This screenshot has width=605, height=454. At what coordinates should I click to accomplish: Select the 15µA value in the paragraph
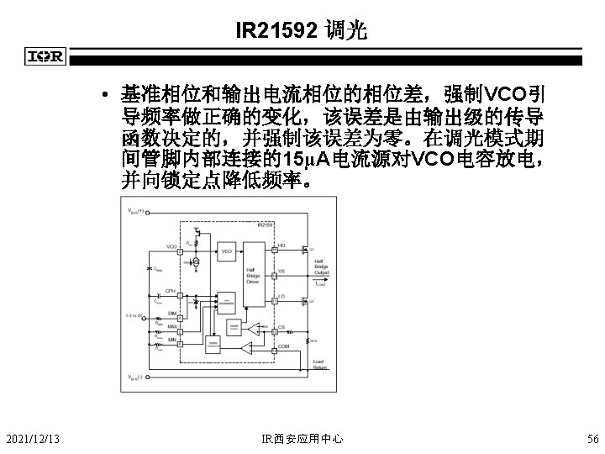(x=306, y=160)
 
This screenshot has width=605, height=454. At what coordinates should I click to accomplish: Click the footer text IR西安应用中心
(x=302, y=439)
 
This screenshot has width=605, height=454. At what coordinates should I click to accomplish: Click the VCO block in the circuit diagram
(x=226, y=251)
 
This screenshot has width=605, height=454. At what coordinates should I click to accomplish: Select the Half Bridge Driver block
(x=252, y=274)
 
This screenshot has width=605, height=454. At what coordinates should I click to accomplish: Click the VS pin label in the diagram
(x=281, y=271)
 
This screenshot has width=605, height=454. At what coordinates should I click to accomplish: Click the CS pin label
(x=281, y=328)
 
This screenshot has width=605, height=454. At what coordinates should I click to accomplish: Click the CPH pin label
(x=170, y=291)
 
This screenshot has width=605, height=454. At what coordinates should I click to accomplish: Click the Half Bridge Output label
(x=321, y=267)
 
